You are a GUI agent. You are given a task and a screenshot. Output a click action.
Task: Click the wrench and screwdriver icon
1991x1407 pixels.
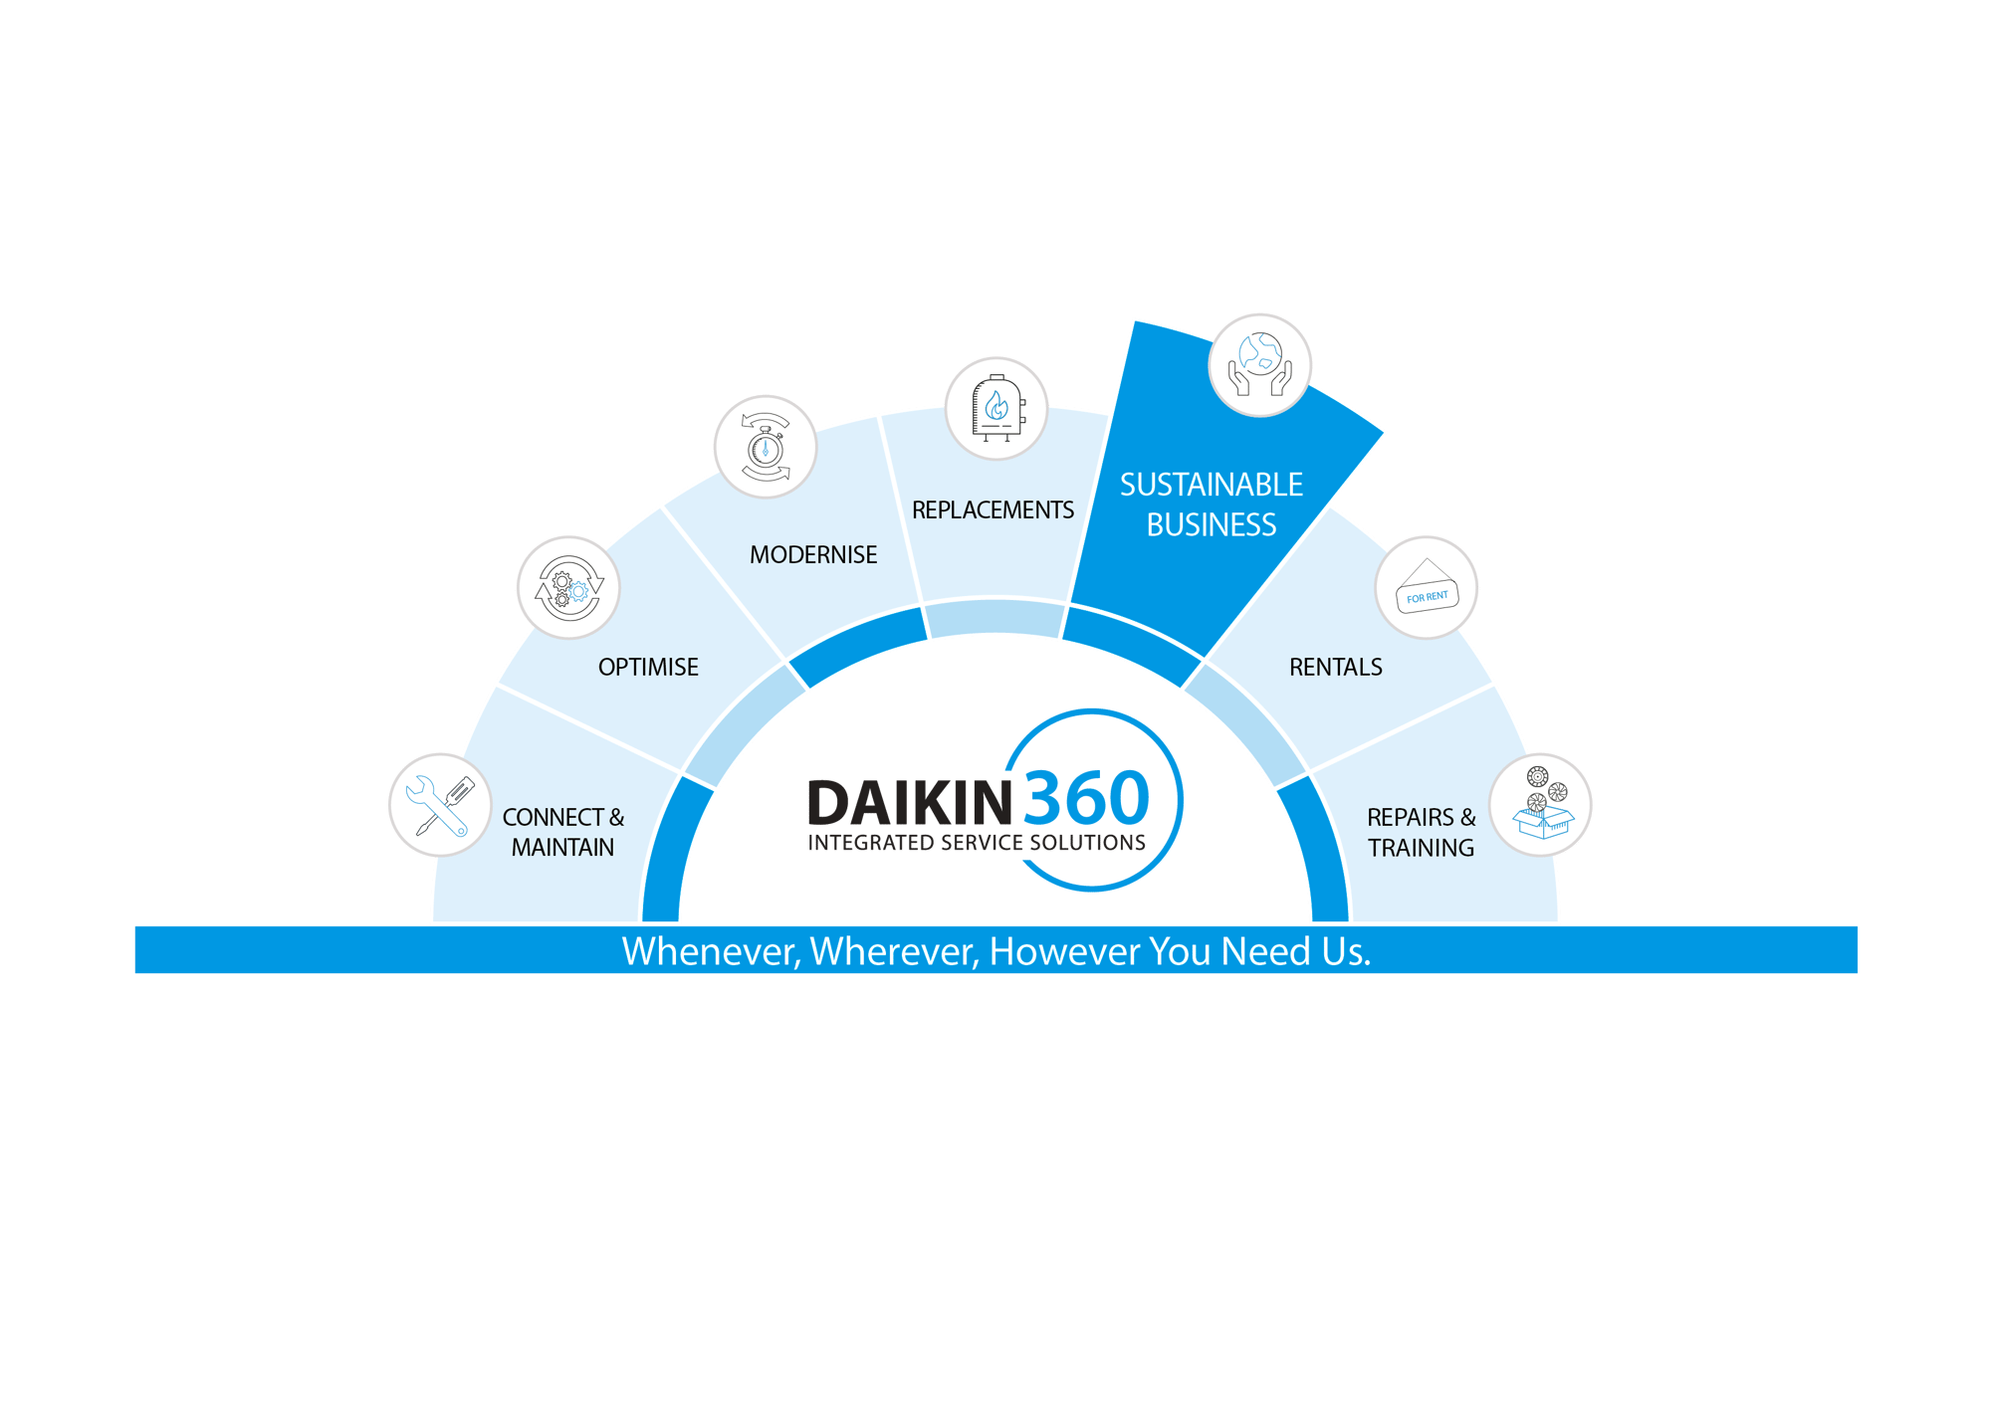click(439, 805)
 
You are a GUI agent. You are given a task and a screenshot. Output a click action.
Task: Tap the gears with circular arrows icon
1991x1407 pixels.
click(567, 588)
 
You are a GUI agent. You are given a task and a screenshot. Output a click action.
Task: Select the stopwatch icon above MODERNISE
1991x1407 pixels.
click(765, 447)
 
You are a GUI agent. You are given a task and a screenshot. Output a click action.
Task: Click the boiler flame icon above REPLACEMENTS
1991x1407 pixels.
click(995, 408)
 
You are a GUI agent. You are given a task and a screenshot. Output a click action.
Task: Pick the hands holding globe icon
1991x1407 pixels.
click(1259, 365)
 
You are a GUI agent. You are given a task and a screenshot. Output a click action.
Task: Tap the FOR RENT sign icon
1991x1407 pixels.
click(1427, 588)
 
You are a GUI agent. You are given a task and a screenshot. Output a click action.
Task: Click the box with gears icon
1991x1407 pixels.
click(1541, 805)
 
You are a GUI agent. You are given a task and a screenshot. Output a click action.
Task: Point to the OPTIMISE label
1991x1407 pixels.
click(648, 667)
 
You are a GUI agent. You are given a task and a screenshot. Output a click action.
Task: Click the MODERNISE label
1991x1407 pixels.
click(813, 554)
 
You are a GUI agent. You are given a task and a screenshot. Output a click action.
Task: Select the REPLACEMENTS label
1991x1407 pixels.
click(993, 509)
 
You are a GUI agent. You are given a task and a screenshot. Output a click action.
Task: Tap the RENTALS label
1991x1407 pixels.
click(1336, 667)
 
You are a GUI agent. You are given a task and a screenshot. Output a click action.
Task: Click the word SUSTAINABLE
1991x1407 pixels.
click(1212, 485)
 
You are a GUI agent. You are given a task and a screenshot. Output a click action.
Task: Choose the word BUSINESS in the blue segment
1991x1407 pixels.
click(1212, 524)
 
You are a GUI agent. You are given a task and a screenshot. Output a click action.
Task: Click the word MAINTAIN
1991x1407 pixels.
click(562, 847)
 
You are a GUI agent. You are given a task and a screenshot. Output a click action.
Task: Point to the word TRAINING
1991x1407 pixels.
click(1421, 848)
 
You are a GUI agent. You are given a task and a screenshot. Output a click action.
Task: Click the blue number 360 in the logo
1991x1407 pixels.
click(1086, 798)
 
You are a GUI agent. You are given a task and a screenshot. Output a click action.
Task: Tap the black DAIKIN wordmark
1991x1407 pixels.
click(910, 802)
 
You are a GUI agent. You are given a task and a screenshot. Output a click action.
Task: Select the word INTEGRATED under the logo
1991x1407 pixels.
click(871, 843)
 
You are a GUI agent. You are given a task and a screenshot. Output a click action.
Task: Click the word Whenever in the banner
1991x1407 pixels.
click(710, 951)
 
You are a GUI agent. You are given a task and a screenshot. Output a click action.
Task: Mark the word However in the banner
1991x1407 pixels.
click(1064, 951)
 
